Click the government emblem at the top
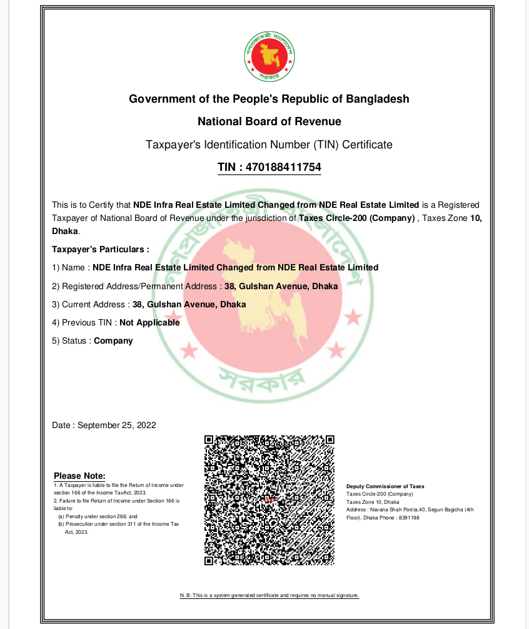click(269, 56)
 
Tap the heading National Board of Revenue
click(269, 121)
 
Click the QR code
click(269, 500)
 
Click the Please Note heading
click(79, 476)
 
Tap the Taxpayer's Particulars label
click(101, 249)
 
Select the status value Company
click(113, 341)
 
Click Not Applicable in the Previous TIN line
click(149, 323)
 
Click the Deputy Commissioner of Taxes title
click(385, 486)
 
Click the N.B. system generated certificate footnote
click(269, 595)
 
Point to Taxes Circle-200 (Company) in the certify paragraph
click(357, 218)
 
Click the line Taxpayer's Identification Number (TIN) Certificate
click(269, 145)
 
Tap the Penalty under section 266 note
click(93, 516)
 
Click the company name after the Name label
click(235, 267)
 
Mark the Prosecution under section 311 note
click(119, 524)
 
